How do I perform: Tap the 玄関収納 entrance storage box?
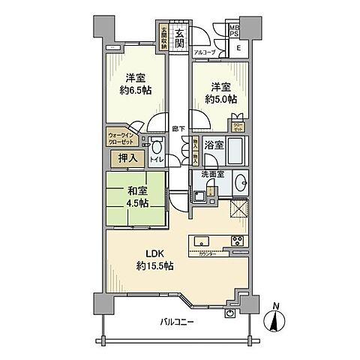[163, 38]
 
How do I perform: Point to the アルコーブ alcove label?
[204, 52]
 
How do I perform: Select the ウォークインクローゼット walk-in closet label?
[122, 139]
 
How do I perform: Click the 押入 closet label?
[124, 158]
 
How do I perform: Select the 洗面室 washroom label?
[213, 175]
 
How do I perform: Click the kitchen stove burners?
[236, 241]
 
